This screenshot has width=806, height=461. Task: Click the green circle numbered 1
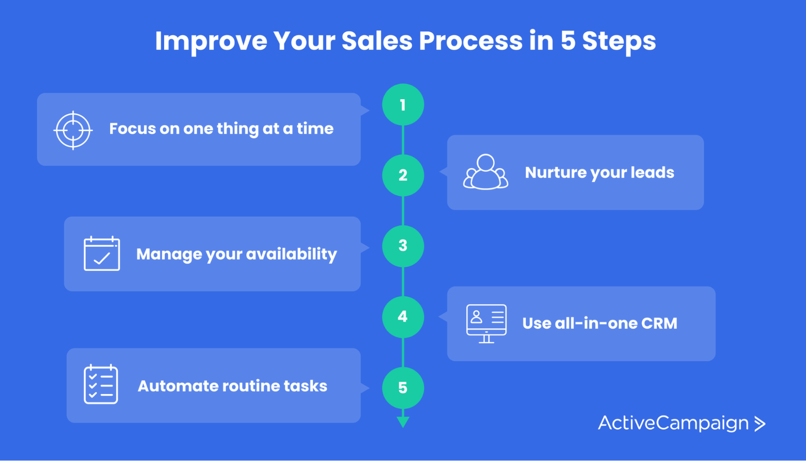pos(402,105)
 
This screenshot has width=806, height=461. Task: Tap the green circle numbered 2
pos(402,175)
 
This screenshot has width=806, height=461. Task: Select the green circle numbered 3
pos(402,246)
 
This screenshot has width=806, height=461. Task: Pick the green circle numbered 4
pos(402,317)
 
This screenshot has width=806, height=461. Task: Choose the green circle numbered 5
pos(402,387)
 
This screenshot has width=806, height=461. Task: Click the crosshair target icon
pos(73,130)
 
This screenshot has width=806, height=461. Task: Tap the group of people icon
pos(486,172)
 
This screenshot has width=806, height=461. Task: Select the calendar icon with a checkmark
pos(102,254)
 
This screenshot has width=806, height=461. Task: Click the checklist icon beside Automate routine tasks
pos(101,385)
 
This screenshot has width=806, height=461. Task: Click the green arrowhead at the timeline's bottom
pos(402,422)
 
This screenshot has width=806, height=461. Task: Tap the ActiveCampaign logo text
pos(673,423)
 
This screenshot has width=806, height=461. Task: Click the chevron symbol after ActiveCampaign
pos(760,424)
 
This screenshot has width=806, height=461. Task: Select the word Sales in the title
pos(377,41)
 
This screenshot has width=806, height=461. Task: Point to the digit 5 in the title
pos(568,41)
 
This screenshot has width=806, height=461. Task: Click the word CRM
pos(659,323)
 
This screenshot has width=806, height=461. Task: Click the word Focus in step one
pos(132,129)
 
